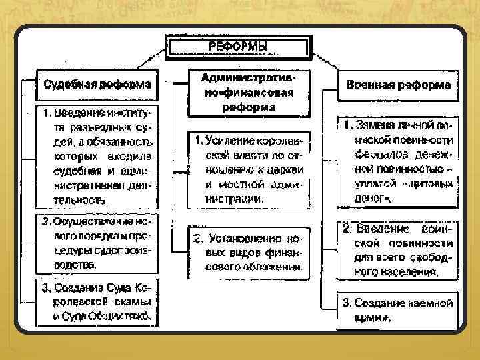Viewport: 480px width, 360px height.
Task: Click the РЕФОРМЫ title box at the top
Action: point(239,46)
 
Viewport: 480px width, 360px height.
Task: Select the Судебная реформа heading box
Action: point(97,85)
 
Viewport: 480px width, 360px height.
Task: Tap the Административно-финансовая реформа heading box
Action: point(248,93)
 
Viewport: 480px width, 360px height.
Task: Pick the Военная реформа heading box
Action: point(399,85)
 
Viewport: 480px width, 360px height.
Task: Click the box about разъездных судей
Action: point(97,155)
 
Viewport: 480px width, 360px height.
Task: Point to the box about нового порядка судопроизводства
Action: point(97,242)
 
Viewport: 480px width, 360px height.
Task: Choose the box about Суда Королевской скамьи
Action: point(97,302)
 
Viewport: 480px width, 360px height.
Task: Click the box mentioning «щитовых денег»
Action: point(399,161)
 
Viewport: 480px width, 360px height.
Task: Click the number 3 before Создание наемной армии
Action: point(347,303)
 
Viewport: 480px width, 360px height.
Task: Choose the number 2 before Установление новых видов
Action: point(197,238)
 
